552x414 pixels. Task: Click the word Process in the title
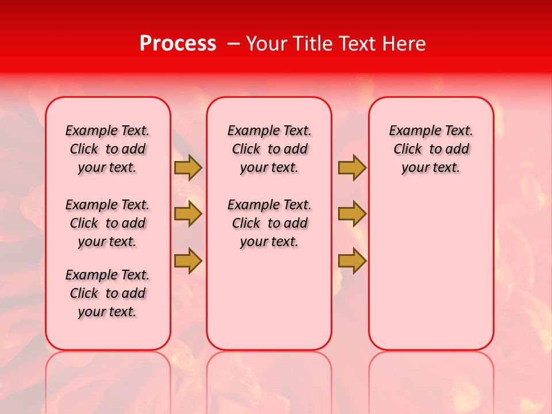tap(178, 44)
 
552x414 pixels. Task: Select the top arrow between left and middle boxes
tap(188, 167)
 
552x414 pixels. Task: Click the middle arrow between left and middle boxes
tap(188, 214)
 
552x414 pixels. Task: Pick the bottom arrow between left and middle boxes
tap(188, 260)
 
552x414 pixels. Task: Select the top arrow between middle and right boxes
tap(352, 167)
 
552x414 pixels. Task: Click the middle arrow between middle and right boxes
tap(352, 214)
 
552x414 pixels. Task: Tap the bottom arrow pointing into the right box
tap(352, 260)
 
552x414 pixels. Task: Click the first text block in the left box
tap(108, 149)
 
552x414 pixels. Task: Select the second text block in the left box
tap(108, 223)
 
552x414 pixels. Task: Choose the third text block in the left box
tap(108, 293)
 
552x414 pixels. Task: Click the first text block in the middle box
tap(270, 149)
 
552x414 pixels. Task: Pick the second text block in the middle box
tap(270, 223)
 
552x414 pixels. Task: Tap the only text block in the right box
tap(431, 149)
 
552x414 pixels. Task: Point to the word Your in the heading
tap(266, 44)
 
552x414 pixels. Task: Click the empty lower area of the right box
tap(431, 276)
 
